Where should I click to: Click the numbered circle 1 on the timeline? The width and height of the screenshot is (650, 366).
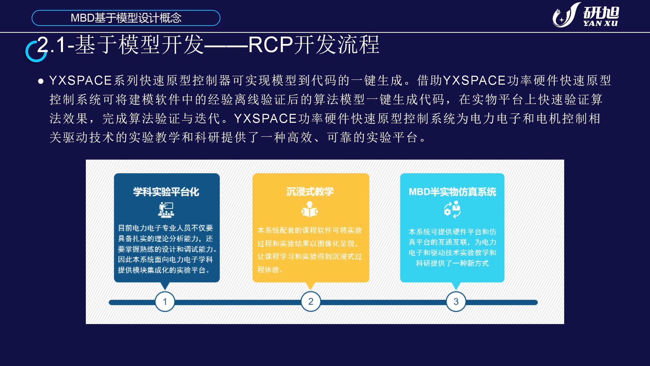click(x=165, y=302)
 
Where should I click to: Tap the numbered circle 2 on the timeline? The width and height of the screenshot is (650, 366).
click(x=311, y=301)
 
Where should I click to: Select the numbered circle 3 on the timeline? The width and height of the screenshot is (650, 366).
click(x=456, y=302)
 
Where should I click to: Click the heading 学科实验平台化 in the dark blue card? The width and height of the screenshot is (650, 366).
click(x=166, y=192)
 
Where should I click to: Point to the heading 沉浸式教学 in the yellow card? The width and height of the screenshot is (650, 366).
click(x=310, y=192)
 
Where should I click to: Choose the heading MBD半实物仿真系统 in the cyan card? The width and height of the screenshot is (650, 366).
click(x=452, y=192)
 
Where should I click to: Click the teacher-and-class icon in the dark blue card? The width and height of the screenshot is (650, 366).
click(x=166, y=210)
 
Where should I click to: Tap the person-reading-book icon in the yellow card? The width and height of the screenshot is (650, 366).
click(x=310, y=209)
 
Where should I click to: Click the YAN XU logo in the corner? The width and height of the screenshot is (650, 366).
click(x=586, y=15)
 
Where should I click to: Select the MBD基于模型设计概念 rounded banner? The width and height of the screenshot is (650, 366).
click(x=126, y=18)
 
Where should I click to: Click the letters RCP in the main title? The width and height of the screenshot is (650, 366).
click(x=270, y=45)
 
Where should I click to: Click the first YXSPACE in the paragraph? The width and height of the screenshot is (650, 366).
click(x=81, y=81)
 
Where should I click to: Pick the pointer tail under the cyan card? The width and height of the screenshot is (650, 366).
click(x=456, y=286)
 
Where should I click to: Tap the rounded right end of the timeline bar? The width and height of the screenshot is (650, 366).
click(x=535, y=302)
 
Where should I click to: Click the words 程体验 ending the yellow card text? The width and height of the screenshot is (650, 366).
click(x=268, y=270)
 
